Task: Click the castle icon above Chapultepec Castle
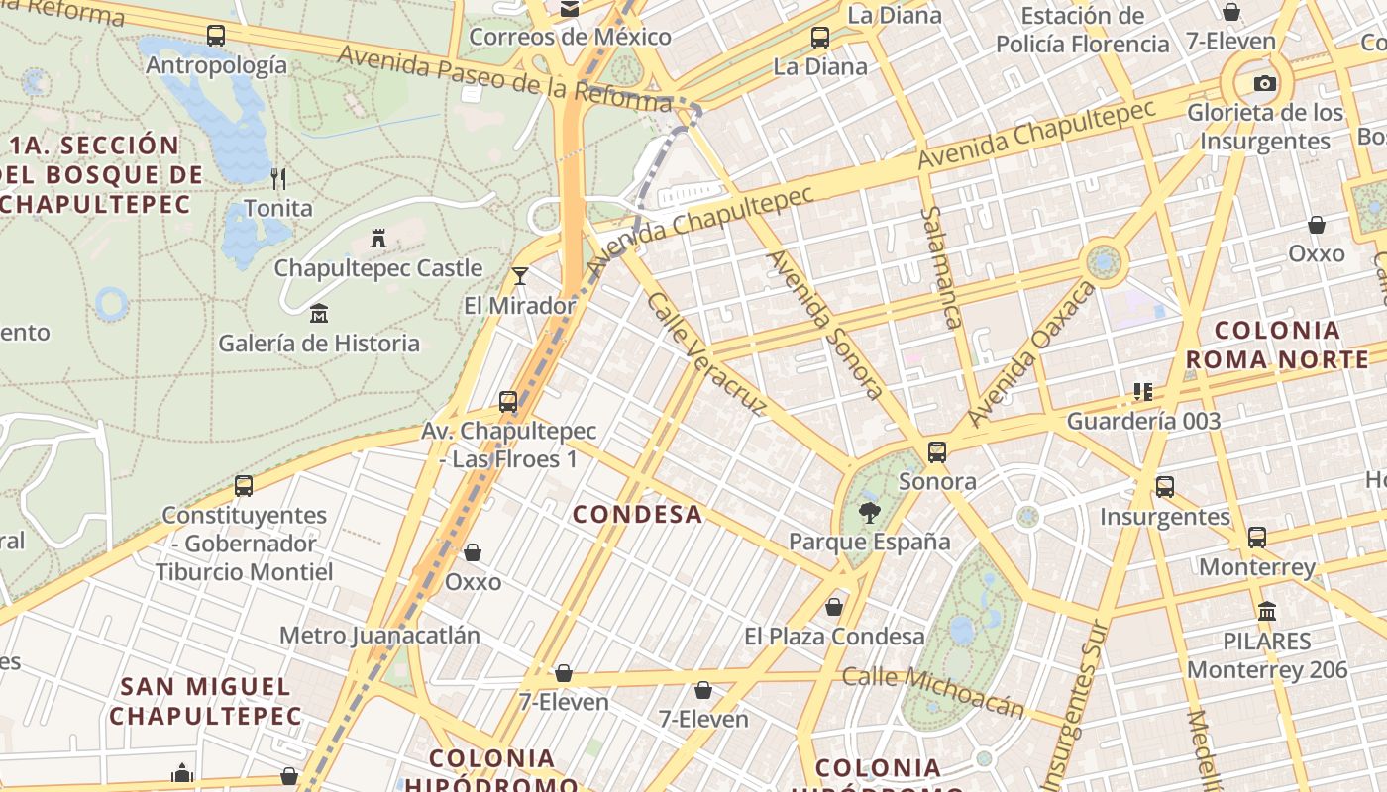point(377,238)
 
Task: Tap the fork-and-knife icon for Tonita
point(278,178)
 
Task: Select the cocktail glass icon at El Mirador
point(520,275)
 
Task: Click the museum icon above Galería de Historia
point(319,314)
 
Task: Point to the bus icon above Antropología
point(216,36)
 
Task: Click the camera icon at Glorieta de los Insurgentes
point(1264,83)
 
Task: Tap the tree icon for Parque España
point(869,512)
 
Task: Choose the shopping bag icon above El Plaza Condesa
point(834,606)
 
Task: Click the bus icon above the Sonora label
point(937,452)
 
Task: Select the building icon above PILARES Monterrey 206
point(1267,611)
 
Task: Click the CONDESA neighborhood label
point(638,514)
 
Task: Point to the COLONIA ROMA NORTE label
point(1277,345)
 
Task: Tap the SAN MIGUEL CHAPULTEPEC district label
point(205,700)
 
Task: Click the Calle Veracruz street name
point(706,353)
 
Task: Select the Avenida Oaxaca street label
point(1032,352)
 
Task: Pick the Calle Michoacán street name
point(933,691)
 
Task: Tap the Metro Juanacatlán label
point(379,636)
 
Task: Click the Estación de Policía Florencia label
point(1082,30)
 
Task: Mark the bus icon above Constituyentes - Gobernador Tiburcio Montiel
point(244,486)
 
